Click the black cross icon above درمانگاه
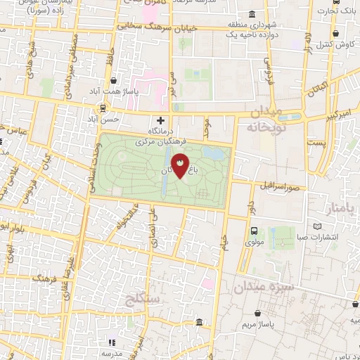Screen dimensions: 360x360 [161, 120]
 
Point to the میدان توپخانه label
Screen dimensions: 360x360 [264, 120]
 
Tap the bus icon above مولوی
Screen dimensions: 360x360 [254, 230]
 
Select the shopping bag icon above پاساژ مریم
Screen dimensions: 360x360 [261, 312]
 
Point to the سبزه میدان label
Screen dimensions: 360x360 [264, 287]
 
